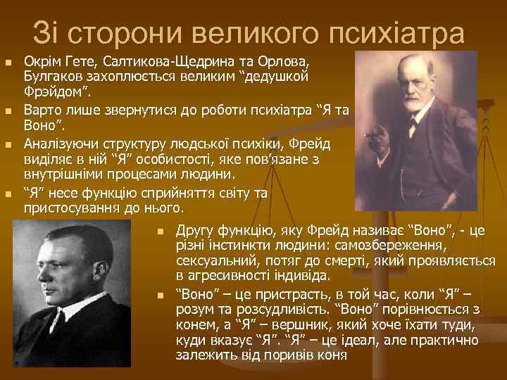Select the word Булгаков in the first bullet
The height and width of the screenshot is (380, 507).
[x=51, y=75]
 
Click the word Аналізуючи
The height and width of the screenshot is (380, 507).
[x=60, y=142]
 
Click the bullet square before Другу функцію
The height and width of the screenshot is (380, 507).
[x=161, y=232]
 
